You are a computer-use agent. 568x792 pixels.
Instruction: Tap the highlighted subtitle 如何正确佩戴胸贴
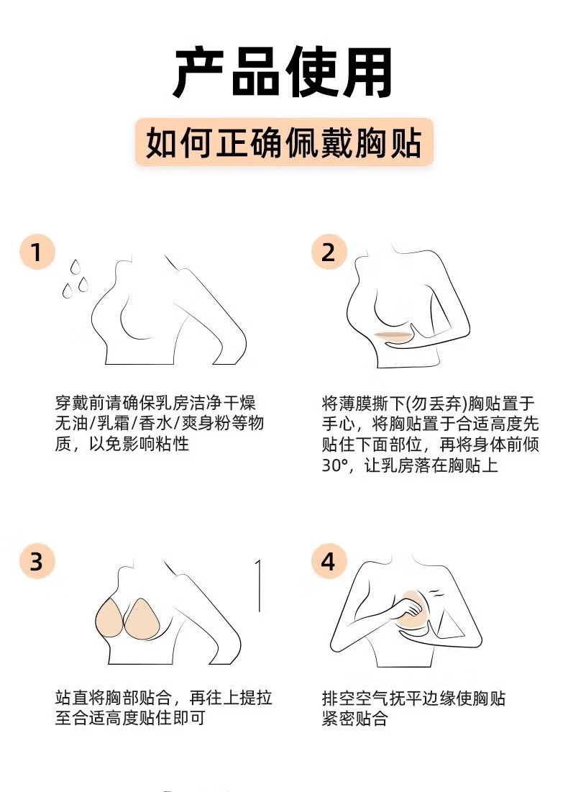tap(284, 142)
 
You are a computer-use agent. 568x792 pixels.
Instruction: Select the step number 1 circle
tap(37, 252)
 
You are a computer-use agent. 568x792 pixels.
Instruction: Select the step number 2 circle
tap(329, 252)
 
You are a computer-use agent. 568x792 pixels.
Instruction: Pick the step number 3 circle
tap(37, 561)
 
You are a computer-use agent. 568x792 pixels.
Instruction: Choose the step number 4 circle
tap(329, 561)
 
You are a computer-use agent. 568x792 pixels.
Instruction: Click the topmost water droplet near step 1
tap(75, 267)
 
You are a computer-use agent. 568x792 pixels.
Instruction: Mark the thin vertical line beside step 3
tap(259, 586)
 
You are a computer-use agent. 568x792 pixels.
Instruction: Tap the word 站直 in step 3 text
tap(72, 698)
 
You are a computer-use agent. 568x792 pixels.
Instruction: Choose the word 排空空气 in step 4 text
tap(355, 698)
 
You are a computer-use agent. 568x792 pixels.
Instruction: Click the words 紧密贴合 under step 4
tap(355, 718)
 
